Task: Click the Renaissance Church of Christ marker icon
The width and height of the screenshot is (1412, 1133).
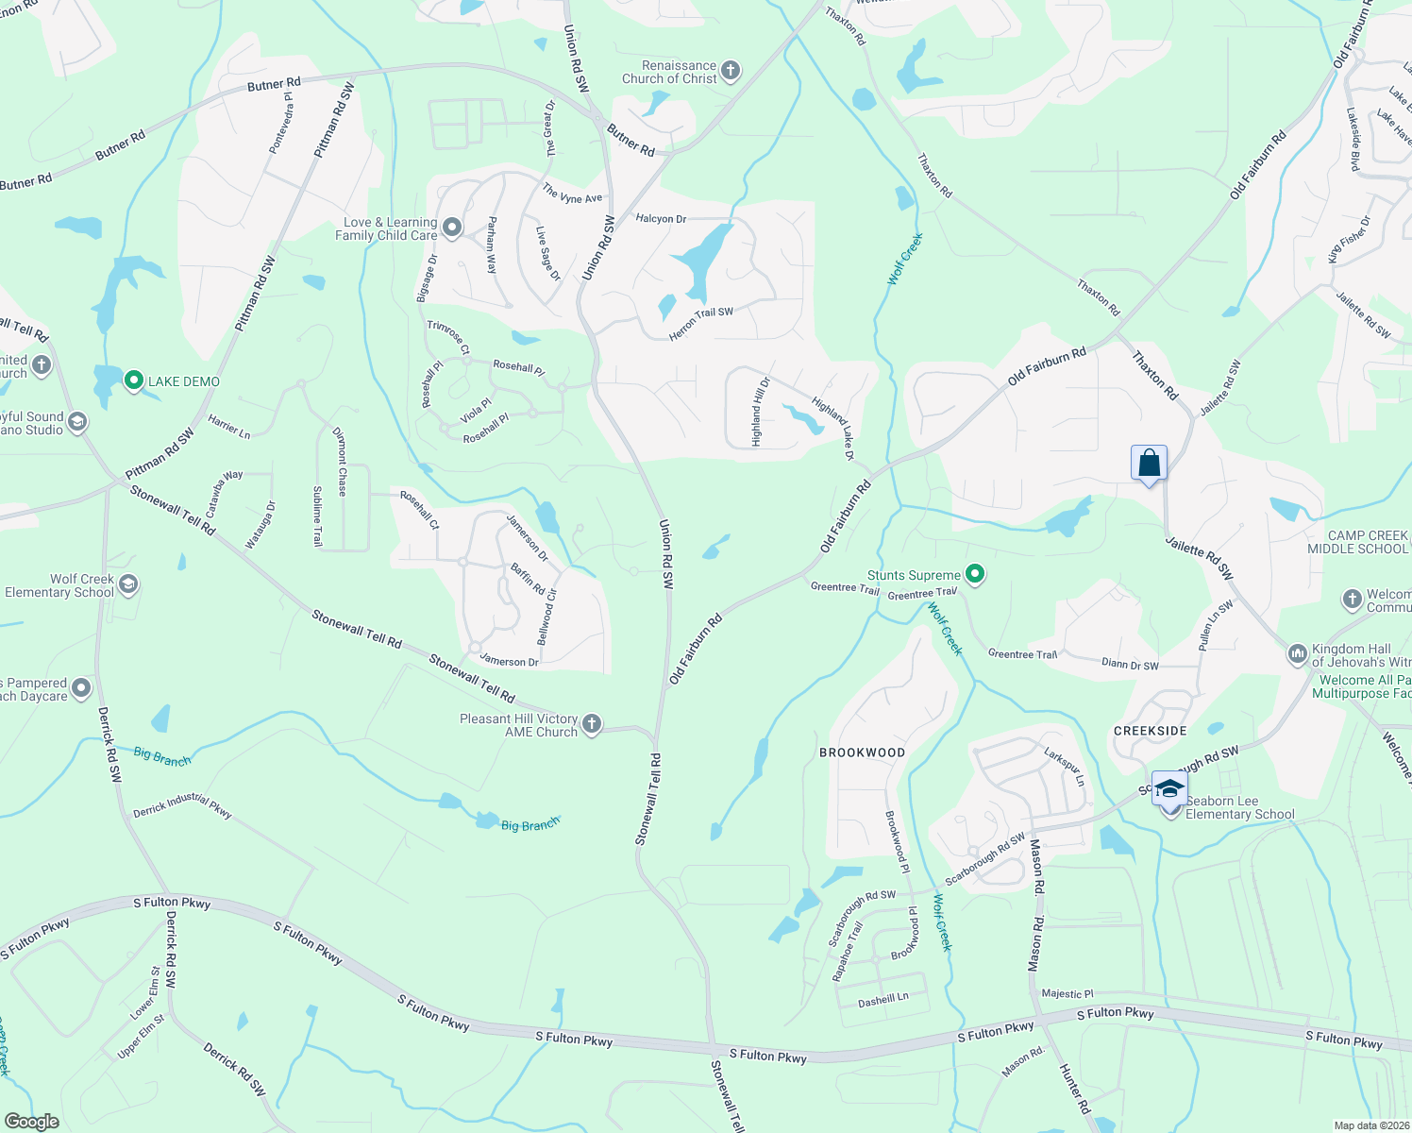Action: (x=730, y=71)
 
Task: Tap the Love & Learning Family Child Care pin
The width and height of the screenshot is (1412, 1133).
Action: (x=452, y=228)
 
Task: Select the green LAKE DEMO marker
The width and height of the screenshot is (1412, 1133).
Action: (x=134, y=380)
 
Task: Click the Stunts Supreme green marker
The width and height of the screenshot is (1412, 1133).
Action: (x=976, y=574)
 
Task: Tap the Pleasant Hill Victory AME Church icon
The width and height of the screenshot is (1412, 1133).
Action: (x=592, y=724)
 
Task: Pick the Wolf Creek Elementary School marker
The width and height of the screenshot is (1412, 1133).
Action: (x=128, y=584)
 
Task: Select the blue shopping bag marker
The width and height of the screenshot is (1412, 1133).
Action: (x=1149, y=464)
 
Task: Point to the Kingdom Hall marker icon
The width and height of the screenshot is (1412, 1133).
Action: (x=1298, y=653)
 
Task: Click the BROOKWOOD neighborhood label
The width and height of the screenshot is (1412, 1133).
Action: (x=862, y=753)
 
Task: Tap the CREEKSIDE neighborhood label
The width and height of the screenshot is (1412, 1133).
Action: (x=1150, y=731)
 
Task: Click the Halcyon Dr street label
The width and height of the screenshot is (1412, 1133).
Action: (x=661, y=218)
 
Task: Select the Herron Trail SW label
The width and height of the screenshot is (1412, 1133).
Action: (x=700, y=324)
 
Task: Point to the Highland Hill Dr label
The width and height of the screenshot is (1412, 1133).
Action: (x=760, y=412)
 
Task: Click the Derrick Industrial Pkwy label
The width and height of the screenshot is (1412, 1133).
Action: (x=182, y=805)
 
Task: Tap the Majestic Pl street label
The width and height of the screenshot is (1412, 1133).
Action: (x=1067, y=993)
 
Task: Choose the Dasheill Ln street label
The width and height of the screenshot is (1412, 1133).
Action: (x=883, y=999)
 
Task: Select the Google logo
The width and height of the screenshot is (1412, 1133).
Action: (x=31, y=1122)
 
